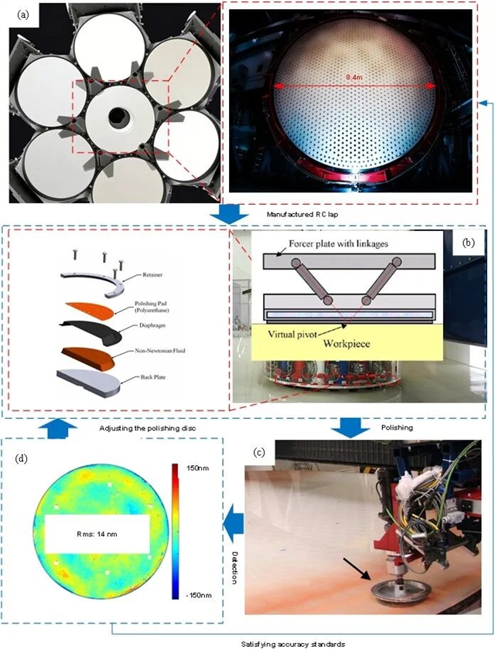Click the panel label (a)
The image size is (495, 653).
23,15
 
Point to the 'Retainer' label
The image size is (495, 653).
152,275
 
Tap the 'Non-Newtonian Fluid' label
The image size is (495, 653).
160,351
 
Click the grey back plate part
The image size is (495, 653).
89,383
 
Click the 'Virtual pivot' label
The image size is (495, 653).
292,334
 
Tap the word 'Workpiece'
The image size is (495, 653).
346,344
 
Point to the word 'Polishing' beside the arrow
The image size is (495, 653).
397,427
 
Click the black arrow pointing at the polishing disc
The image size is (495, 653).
357,569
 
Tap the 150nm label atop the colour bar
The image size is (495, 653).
197,468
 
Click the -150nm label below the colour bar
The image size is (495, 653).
198,595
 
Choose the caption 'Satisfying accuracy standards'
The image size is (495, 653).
293,644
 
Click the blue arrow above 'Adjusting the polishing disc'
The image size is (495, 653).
57,429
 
